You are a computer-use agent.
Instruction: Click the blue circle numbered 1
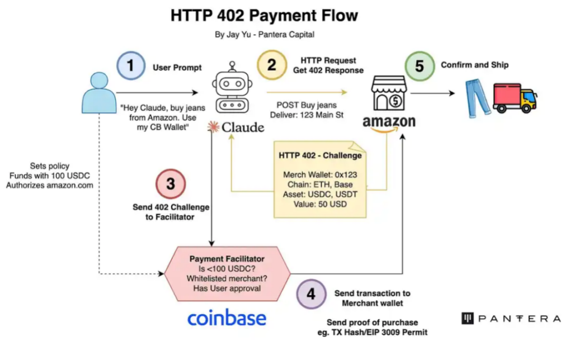point(130,65)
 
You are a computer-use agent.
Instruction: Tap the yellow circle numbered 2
point(271,65)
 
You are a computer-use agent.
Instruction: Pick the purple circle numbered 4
point(311,293)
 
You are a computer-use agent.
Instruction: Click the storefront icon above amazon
point(389,94)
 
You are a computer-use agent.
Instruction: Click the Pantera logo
point(510,318)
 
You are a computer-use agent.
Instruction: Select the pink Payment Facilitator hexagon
point(227,273)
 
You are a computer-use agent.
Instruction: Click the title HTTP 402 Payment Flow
point(264,15)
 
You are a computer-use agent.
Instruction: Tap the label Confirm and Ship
point(474,65)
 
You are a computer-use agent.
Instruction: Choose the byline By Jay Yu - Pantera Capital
point(265,35)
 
